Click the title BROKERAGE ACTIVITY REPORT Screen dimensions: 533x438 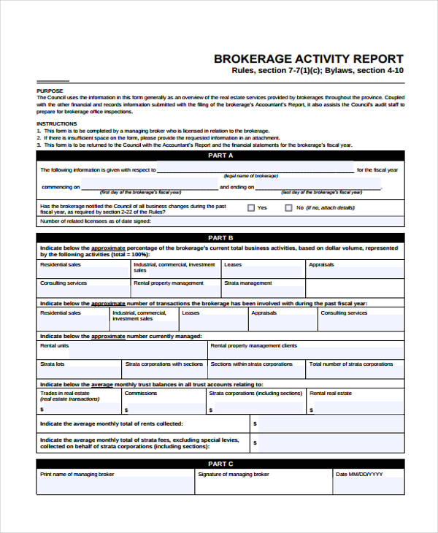click(307, 58)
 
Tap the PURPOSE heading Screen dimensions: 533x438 click(49, 91)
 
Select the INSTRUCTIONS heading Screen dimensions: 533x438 click(56, 123)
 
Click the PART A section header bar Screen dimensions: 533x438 click(220, 156)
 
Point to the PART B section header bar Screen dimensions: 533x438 click(220, 238)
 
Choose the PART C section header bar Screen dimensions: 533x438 click(220, 464)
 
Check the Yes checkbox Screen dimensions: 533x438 click(251, 208)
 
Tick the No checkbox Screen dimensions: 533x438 click(288, 208)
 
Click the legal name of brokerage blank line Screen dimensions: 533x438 click(255, 169)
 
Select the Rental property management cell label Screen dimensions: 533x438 click(169, 283)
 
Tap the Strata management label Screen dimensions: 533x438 click(247, 283)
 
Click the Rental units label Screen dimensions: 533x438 click(55, 345)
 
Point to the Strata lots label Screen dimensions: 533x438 click(53, 364)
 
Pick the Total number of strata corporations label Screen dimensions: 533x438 click(351, 364)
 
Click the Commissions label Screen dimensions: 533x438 click(141, 393)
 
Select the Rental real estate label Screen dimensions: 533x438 click(331, 393)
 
